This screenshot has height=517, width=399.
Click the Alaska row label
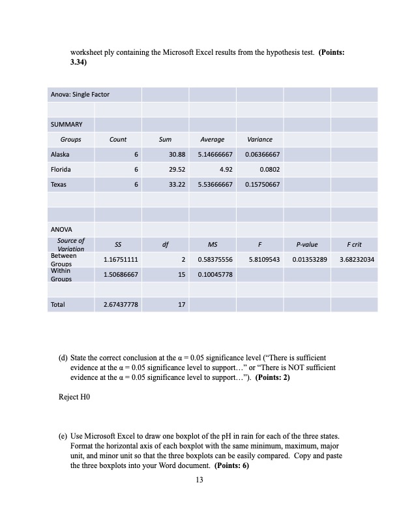(x=60, y=155)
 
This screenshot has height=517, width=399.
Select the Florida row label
(x=60, y=170)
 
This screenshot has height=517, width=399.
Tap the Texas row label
(x=59, y=185)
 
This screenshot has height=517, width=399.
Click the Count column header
(x=118, y=140)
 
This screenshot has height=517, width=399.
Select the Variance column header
(x=259, y=140)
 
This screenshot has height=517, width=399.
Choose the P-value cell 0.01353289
(x=306, y=260)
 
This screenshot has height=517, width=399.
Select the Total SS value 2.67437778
(x=120, y=304)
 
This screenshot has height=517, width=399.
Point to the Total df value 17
(x=183, y=304)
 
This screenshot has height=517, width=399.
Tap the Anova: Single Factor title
(x=80, y=95)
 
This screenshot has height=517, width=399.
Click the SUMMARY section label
(x=64, y=125)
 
